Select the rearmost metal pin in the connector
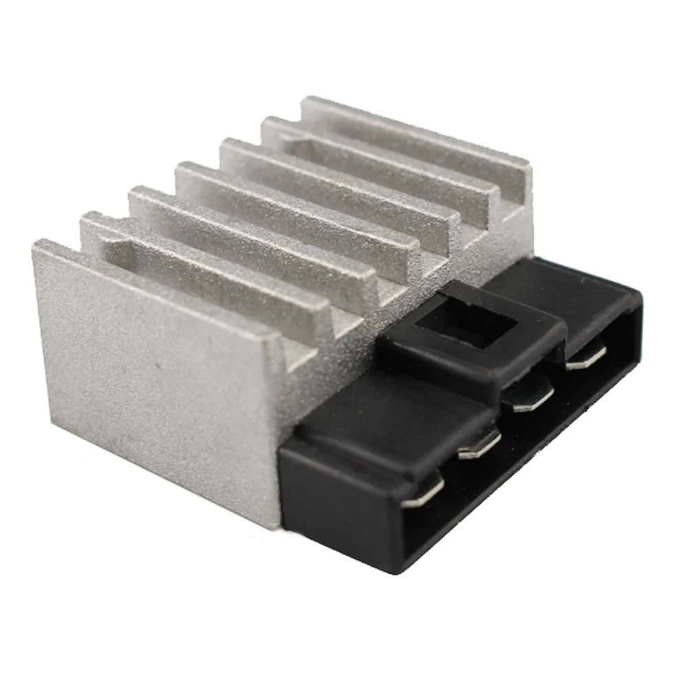[586, 356]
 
